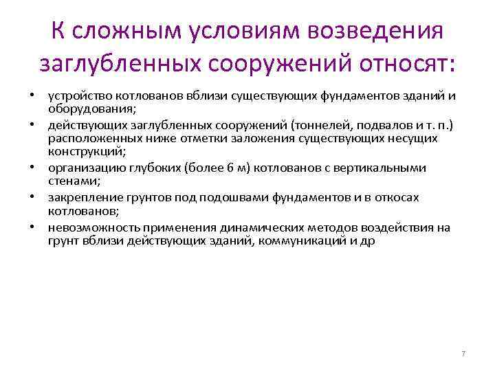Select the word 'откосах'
418,197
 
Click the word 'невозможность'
87,227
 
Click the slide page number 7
463,353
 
